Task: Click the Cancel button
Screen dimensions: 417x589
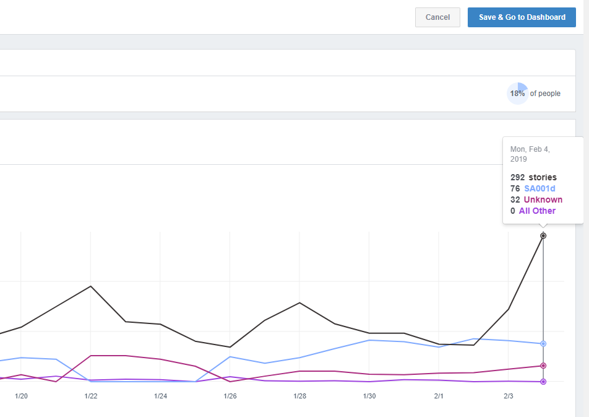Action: (437, 17)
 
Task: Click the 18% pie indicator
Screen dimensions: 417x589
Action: (517, 94)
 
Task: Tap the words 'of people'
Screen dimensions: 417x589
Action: (545, 94)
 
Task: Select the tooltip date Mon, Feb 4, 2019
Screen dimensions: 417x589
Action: (530, 154)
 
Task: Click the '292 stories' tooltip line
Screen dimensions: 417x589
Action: (533, 177)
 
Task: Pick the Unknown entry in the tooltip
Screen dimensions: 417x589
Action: (543, 200)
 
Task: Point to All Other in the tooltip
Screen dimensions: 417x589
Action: (537, 211)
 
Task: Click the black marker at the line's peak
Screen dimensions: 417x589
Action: (543, 235)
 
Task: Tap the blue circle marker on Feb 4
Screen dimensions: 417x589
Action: (543, 343)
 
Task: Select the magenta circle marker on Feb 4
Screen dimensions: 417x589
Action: (543, 366)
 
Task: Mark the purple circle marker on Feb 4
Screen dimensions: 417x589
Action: (543, 382)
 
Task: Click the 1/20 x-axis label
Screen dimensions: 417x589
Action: (22, 396)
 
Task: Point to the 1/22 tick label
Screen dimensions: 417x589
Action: (91, 396)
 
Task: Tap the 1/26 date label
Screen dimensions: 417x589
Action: (230, 396)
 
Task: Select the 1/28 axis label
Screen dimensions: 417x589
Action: (300, 396)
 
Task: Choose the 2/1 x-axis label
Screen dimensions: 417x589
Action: (439, 396)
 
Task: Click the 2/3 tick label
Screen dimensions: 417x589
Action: (509, 396)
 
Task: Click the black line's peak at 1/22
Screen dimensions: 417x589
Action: (91, 286)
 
